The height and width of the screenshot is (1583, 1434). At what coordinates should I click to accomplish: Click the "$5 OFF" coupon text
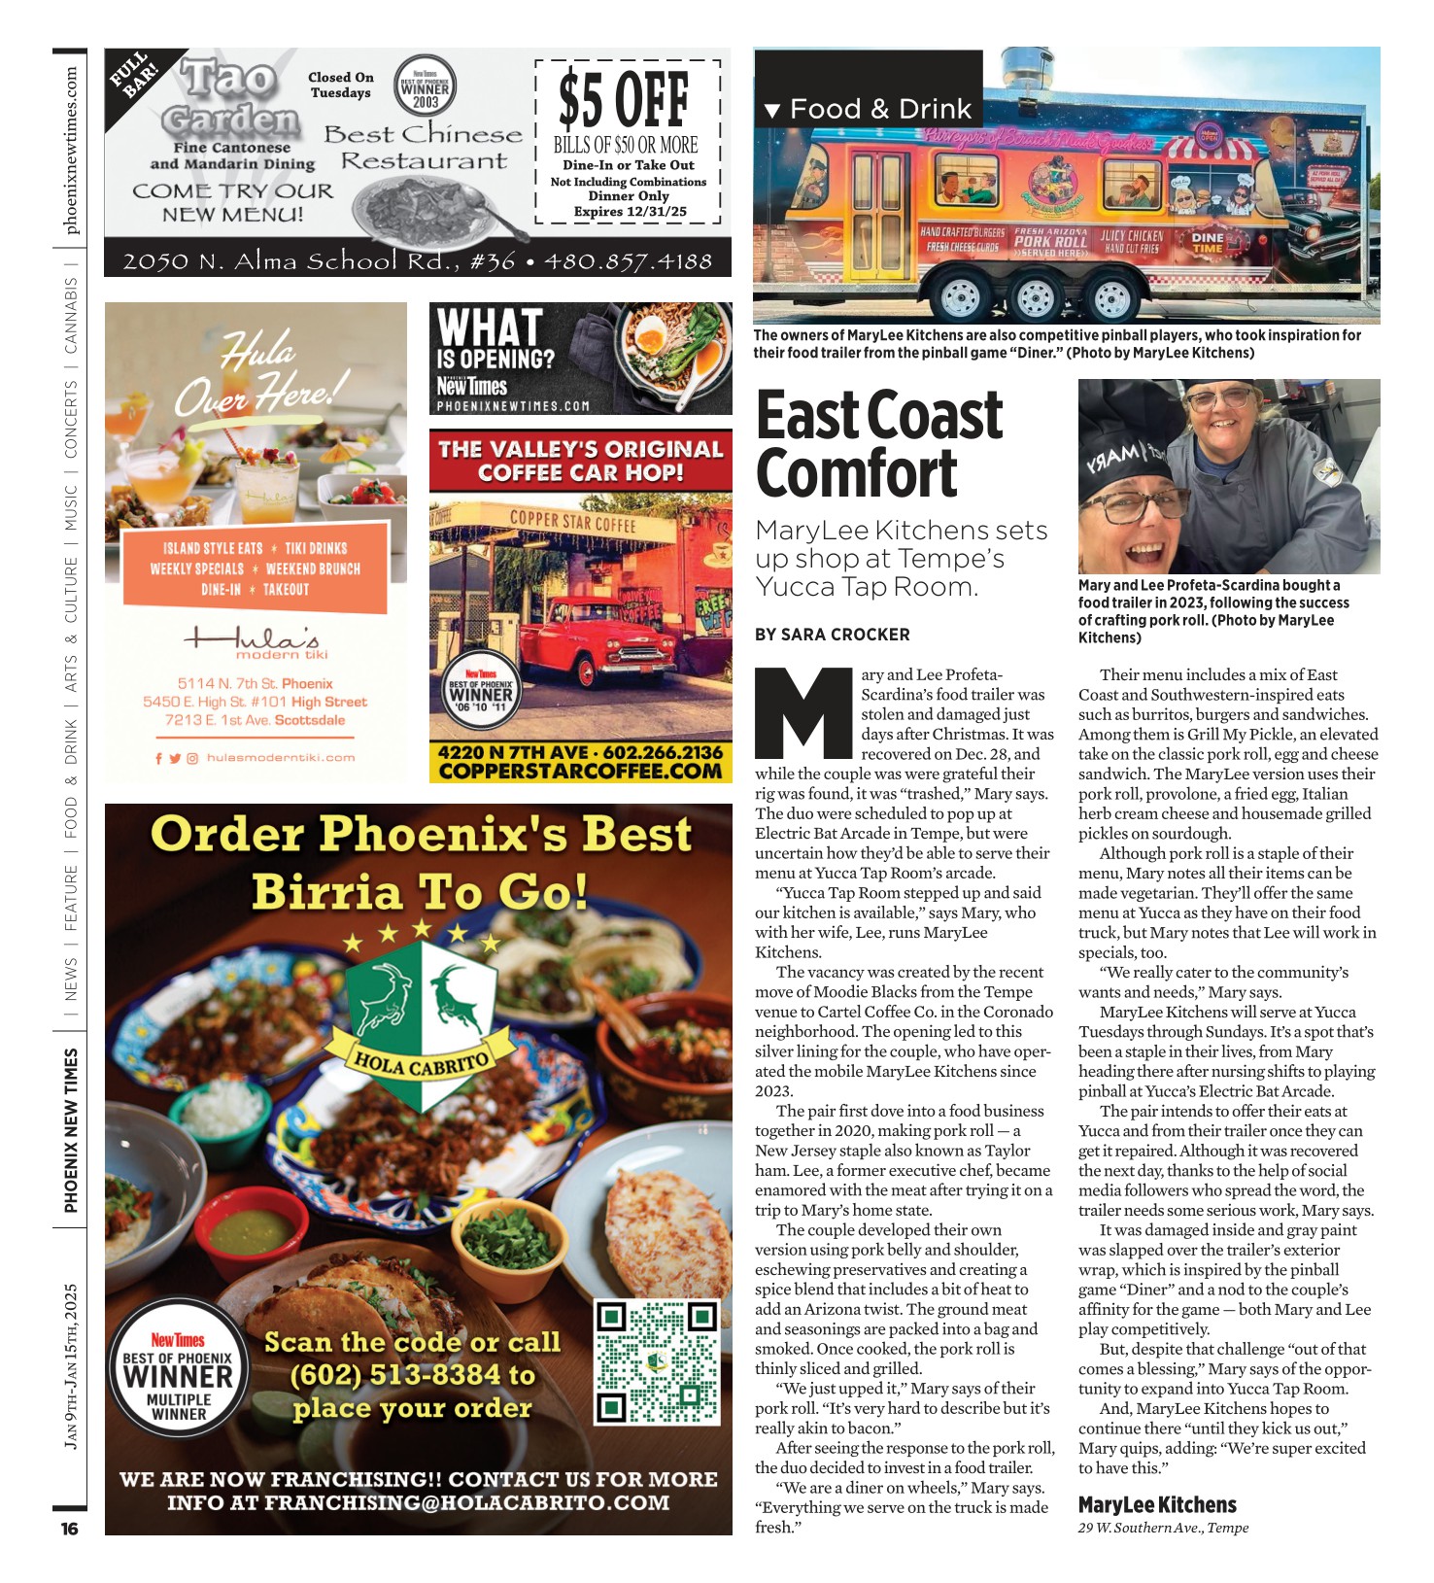coord(625,100)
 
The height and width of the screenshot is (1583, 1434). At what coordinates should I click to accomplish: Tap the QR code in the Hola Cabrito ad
coord(657,1362)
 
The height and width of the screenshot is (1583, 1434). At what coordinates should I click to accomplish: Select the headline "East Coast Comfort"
coord(878,444)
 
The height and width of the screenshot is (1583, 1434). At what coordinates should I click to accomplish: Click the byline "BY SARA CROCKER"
coord(833,635)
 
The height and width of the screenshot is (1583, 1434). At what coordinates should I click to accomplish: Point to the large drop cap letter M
coord(805,712)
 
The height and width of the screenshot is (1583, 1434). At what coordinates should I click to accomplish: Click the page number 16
coord(70,1529)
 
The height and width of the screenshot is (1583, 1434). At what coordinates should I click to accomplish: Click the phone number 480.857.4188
coord(629,261)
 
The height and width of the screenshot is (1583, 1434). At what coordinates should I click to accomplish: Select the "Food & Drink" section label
coord(879,109)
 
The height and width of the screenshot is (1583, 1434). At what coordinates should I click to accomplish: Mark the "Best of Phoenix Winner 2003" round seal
coord(426,87)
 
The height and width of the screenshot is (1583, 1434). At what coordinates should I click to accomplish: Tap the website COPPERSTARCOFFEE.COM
coord(580,772)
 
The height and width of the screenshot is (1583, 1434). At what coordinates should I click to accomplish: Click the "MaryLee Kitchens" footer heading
coord(1157,1505)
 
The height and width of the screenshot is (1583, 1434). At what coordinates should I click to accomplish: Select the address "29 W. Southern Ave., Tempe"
coord(1163,1528)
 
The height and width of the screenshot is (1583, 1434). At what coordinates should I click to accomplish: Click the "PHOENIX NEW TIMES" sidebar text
coord(71,1130)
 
